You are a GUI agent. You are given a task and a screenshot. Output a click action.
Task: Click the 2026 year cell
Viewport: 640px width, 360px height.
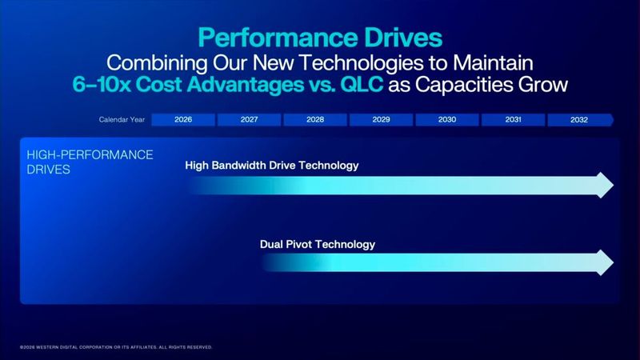183,120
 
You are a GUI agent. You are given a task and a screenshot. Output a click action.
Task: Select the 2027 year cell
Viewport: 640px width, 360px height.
249,120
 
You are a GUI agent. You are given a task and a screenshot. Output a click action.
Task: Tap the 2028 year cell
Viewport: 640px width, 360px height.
315,120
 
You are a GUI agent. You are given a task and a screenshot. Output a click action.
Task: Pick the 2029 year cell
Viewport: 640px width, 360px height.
381,120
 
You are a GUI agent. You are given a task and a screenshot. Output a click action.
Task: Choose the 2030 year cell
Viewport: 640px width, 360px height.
447,120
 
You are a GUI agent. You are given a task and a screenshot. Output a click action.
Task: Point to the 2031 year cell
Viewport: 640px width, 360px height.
514,120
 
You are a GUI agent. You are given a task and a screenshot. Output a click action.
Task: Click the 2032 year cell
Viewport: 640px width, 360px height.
579,120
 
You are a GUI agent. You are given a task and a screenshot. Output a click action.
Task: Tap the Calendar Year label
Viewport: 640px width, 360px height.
122,120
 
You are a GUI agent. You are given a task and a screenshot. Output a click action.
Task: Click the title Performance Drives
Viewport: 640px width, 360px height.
320,38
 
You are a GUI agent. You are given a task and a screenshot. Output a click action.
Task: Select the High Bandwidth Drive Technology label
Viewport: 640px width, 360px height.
271,166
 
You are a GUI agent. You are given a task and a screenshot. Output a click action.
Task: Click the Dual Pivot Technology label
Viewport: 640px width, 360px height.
318,244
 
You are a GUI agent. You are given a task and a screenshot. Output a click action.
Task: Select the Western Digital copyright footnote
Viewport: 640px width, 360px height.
115,347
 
